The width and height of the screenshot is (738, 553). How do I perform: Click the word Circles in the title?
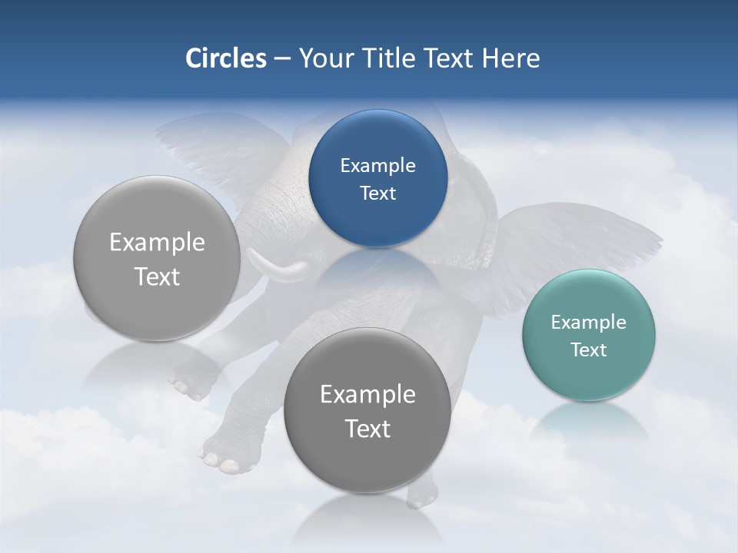(225, 58)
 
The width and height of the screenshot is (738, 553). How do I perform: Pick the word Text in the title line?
(449, 58)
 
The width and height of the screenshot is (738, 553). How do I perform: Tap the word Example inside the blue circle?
(377, 165)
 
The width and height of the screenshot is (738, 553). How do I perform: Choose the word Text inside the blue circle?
(377, 193)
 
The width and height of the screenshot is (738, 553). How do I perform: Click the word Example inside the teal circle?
(588, 322)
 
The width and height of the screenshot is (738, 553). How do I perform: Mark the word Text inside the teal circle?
(588, 349)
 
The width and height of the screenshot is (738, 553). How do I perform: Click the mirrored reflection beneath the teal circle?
(588, 422)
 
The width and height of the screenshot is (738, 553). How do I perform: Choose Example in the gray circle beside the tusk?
(157, 242)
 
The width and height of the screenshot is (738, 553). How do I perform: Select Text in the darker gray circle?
(367, 429)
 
